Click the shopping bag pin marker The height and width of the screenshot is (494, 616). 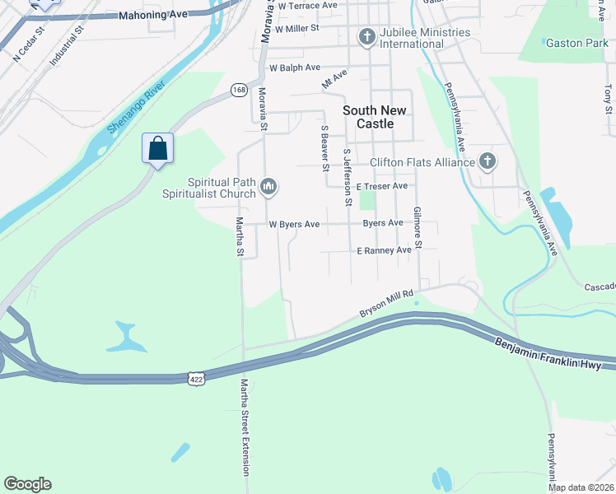pyautogui.click(x=157, y=150)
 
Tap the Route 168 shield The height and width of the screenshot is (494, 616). pyautogui.click(x=239, y=90)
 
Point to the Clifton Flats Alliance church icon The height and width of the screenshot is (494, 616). pyautogui.click(x=487, y=161)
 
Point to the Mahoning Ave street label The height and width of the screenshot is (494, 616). pyautogui.click(x=154, y=15)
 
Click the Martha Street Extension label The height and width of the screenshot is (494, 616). pyautogui.click(x=245, y=426)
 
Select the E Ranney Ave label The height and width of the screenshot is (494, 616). pyautogui.click(x=383, y=249)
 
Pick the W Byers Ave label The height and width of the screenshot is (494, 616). pyautogui.click(x=294, y=224)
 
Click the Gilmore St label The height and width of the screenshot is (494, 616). pyautogui.click(x=418, y=228)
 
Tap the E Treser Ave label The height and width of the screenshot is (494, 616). pyautogui.click(x=382, y=186)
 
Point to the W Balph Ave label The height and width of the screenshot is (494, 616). pyautogui.click(x=294, y=68)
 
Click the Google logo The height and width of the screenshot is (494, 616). pyautogui.click(x=27, y=484)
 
